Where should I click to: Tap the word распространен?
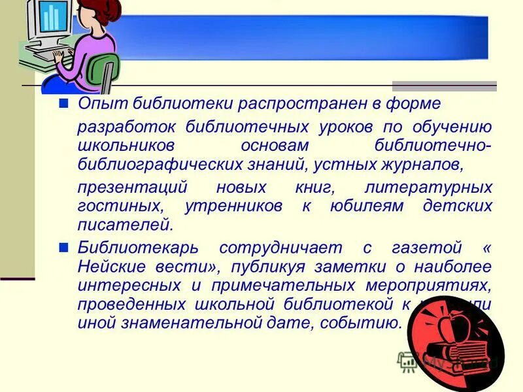point(287,103)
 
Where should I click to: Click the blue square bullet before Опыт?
point(63,103)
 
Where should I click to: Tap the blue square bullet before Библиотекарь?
point(63,248)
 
